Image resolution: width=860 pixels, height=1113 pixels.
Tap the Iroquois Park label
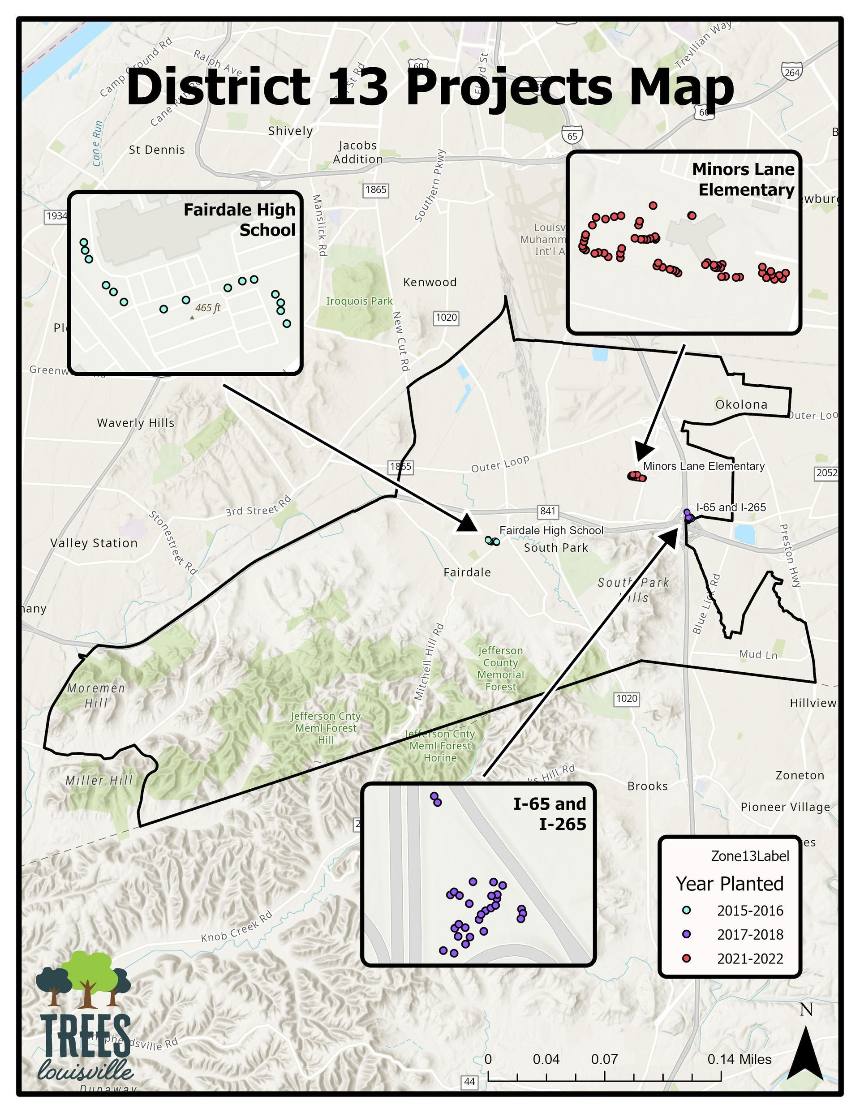359,301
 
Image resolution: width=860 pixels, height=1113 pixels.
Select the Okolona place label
741,404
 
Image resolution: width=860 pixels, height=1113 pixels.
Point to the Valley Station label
95,543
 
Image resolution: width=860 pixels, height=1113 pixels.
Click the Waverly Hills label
136,423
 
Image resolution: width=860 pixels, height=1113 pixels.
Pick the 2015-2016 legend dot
687,910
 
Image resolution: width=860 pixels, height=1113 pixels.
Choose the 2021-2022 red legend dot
687,958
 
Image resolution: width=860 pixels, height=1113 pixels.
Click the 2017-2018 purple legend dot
687,934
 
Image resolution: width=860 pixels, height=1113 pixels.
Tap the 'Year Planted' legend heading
730,884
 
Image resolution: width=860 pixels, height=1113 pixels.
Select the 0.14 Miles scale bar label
739,1060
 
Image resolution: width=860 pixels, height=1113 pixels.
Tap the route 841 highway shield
548,511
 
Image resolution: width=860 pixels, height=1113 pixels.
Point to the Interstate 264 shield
791,72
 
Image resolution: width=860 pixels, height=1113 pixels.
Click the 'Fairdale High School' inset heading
239,219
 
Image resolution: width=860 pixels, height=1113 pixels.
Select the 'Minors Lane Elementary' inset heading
743,180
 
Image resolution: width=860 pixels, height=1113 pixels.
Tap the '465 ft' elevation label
207,308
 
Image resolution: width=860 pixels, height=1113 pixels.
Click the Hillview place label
813,703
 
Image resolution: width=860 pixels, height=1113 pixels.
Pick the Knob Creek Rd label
236,927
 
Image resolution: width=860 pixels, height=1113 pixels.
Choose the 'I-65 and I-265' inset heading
550,814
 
